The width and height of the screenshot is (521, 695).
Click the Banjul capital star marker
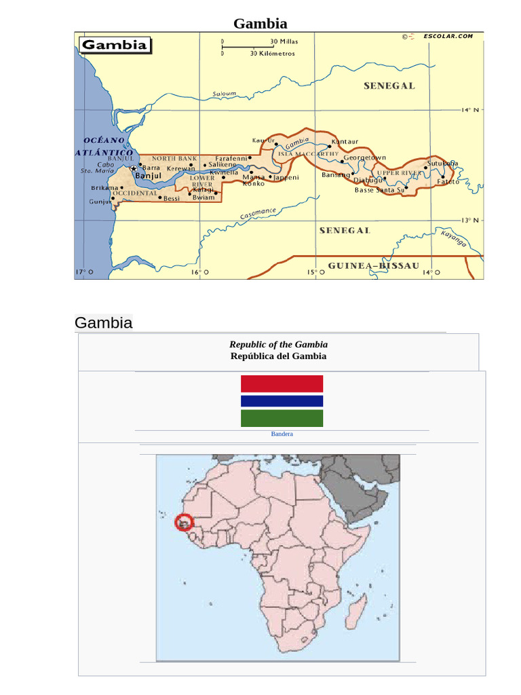[x=134, y=168]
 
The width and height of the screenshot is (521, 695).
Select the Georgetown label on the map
[x=364, y=157]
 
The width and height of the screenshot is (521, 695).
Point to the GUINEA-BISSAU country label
[x=373, y=265]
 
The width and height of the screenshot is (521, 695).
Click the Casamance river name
[x=258, y=214]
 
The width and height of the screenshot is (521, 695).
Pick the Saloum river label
[x=224, y=94]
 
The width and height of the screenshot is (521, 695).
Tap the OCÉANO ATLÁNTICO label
[x=103, y=147]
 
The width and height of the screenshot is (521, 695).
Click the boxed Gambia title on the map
[x=114, y=45]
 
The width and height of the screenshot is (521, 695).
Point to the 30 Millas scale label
[x=284, y=41]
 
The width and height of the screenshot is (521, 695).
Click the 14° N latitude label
[x=470, y=110]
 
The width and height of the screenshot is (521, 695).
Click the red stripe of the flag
[x=282, y=383]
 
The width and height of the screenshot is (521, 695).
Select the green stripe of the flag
[x=282, y=418]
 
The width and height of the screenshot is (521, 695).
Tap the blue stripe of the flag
[x=282, y=400]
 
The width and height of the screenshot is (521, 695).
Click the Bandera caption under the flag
[x=282, y=434]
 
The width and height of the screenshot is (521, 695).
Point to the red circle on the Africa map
[x=184, y=522]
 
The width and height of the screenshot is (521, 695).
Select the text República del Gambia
[x=278, y=356]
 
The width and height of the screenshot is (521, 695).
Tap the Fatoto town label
[x=448, y=182]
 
